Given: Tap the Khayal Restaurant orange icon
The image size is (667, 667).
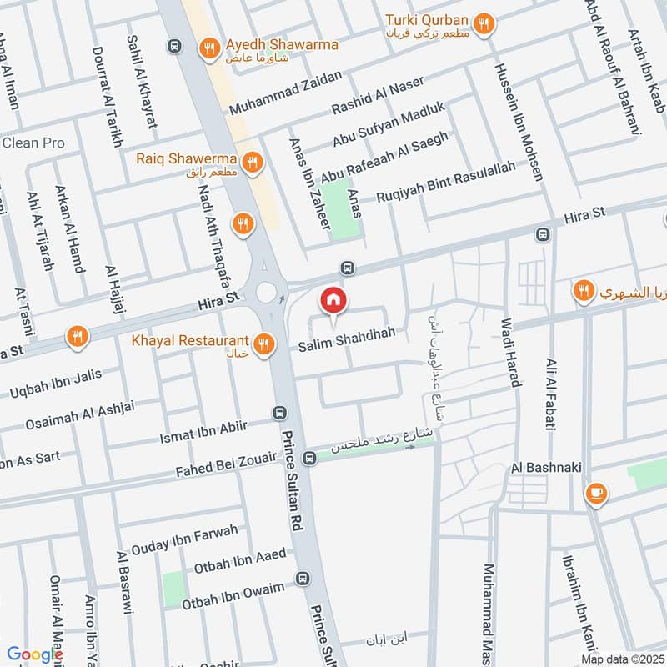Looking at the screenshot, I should pyautogui.click(x=264, y=344).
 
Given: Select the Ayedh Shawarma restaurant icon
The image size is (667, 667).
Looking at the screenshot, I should pyautogui.click(x=210, y=49).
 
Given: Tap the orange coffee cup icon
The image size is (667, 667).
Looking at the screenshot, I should pyautogui.click(x=596, y=493).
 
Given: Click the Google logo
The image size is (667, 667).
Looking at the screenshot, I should pyautogui.click(x=34, y=654).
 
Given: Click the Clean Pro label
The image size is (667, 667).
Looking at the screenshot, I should pyautogui.click(x=33, y=143).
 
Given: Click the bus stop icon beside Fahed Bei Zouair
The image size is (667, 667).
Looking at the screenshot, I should pyautogui.click(x=309, y=457).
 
